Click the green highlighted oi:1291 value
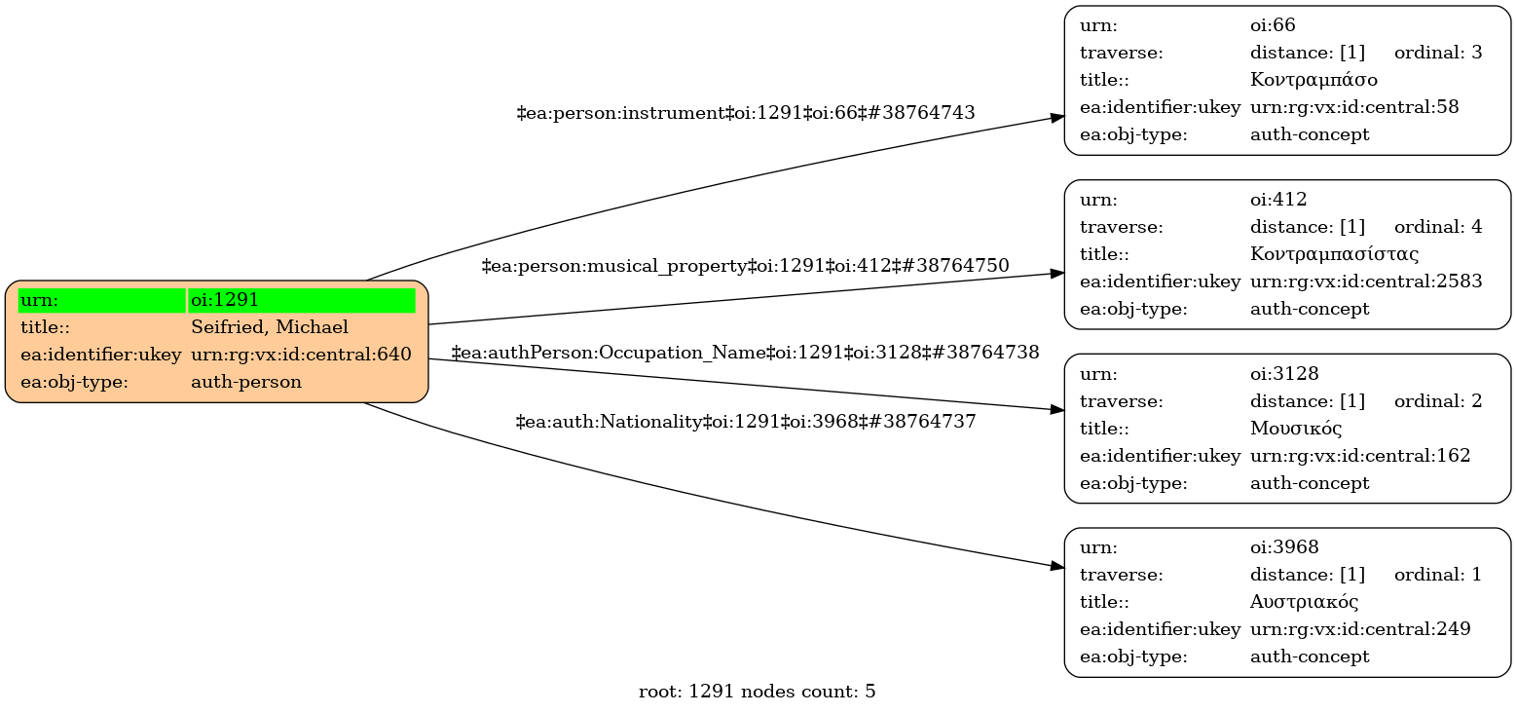click(x=302, y=300)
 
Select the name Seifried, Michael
click(x=270, y=327)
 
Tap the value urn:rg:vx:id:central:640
click(x=301, y=355)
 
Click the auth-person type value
click(x=246, y=382)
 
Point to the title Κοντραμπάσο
click(x=1313, y=80)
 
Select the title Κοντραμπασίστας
click(x=1334, y=254)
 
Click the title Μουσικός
click(x=1296, y=428)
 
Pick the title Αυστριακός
click(x=1304, y=602)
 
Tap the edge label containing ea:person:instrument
click(x=745, y=113)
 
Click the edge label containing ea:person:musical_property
click(x=745, y=265)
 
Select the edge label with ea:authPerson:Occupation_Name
click(x=745, y=352)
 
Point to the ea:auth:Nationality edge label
click(x=745, y=422)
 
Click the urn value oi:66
click(x=1273, y=25)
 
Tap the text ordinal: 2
click(x=1438, y=400)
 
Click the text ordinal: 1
click(x=1438, y=575)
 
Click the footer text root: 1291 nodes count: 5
click(x=757, y=693)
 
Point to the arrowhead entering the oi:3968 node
click(x=1057, y=566)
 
